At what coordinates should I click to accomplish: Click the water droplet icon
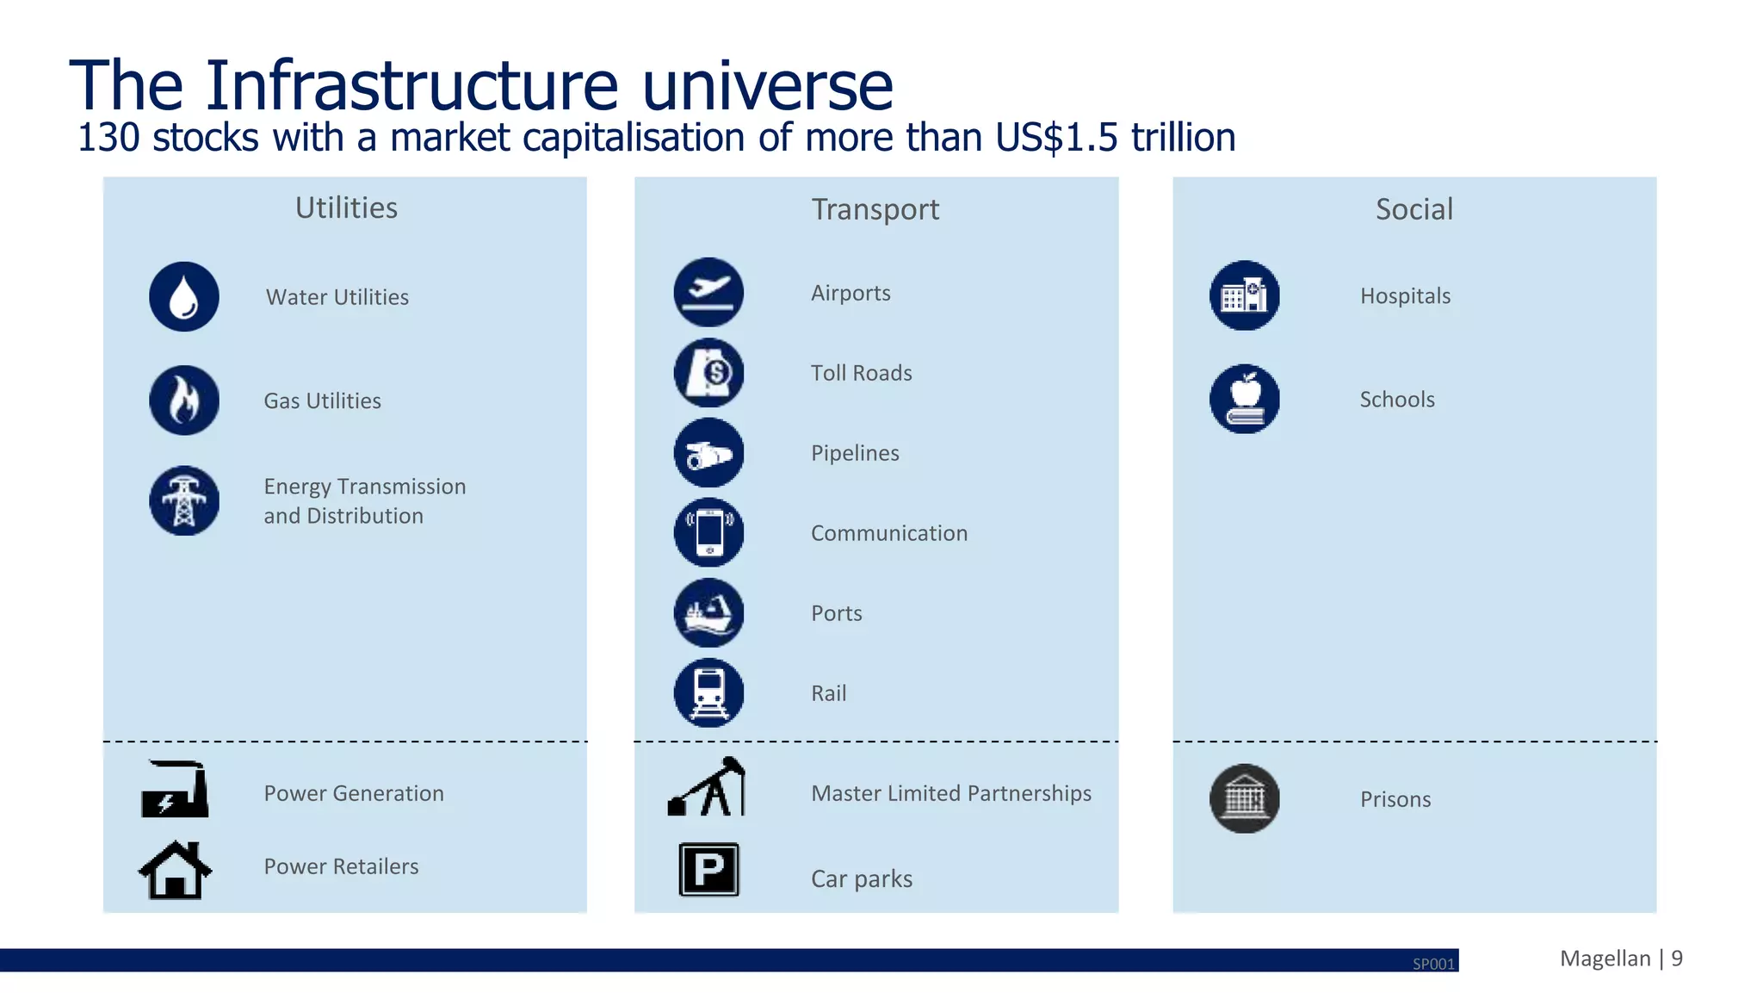pos(184,297)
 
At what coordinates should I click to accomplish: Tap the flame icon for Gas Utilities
pos(184,400)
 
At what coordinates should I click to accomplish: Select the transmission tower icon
pos(184,501)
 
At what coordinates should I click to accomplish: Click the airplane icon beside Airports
pos(708,292)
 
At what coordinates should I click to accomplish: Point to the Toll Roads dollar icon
pos(708,373)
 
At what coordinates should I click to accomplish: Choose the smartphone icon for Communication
pos(708,532)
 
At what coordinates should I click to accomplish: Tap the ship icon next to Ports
pos(708,612)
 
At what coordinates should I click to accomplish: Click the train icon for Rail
pos(708,692)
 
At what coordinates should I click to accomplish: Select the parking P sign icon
pos(708,869)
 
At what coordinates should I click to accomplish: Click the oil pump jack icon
pos(708,788)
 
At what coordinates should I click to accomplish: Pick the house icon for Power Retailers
pos(176,870)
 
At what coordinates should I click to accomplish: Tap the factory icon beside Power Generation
pos(176,790)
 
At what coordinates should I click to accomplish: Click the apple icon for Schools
pos(1245,399)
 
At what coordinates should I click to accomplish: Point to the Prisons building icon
pos(1245,798)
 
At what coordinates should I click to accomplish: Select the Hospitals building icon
pos(1245,295)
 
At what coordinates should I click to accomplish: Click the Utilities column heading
pos(346,208)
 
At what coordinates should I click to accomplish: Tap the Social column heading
pos(1413,209)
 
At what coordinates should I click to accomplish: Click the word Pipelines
pos(855,453)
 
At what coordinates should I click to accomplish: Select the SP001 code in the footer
pos(1433,964)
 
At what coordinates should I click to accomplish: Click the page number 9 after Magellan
pos(1677,959)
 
